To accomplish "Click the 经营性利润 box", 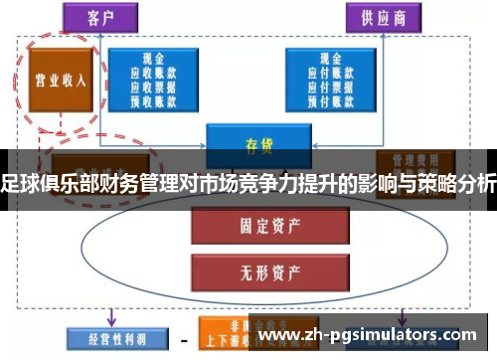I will pyautogui.click(x=109, y=336).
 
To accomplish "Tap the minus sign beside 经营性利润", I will pyautogui.click(x=184, y=337).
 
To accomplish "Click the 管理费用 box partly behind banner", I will pyautogui.click(x=408, y=158).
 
